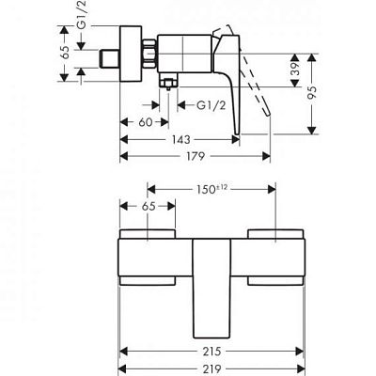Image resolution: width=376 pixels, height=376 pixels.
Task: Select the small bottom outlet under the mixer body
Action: tap(168, 86)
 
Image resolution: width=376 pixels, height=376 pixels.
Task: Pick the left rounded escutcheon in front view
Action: tap(147, 256)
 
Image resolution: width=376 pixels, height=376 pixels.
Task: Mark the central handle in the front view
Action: tap(211, 282)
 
